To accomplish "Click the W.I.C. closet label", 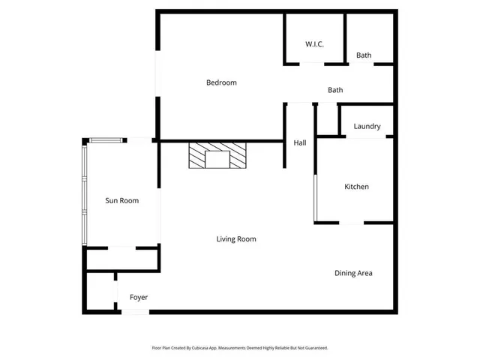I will [314, 45].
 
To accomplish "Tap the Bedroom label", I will [221, 82].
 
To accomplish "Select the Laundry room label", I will [367, 127].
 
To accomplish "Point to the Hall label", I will [299, 142].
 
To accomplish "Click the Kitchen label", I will [356, 187].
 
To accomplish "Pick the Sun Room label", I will [121, 200].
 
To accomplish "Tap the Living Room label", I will [236, 239].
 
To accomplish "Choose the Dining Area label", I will [353, 273].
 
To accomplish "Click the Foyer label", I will [139, 298].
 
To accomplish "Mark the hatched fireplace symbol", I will [217, 156].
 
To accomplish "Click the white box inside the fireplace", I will [217, 159].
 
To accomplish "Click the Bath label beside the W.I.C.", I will [364, 55].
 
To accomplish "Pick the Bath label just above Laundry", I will [335, 91].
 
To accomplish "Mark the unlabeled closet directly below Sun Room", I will [121, 259].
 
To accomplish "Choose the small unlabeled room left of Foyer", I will [99, 292].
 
